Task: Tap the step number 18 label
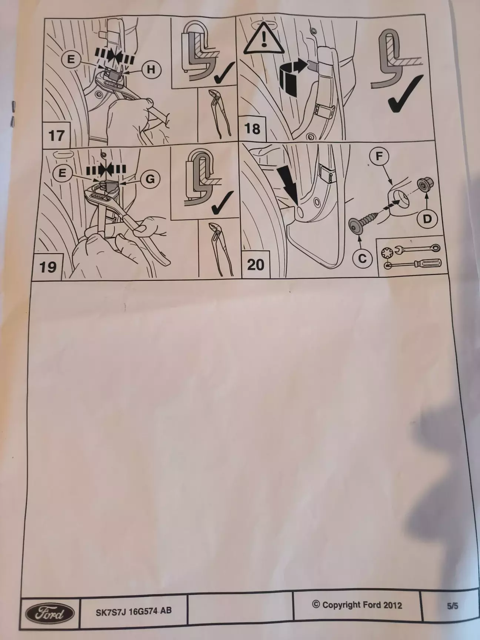(x=252, y=129)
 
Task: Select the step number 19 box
(x=48, y=266)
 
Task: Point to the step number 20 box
(x=256, y=264)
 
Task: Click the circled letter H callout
(x=151, y=69)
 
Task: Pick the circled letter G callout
(x=150, y=179)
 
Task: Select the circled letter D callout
(x=427, y=219)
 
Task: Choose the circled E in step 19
(x=62, y=173)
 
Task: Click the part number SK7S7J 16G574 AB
(x=134, y=611)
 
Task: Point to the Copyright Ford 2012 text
(x=357, y=605)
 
